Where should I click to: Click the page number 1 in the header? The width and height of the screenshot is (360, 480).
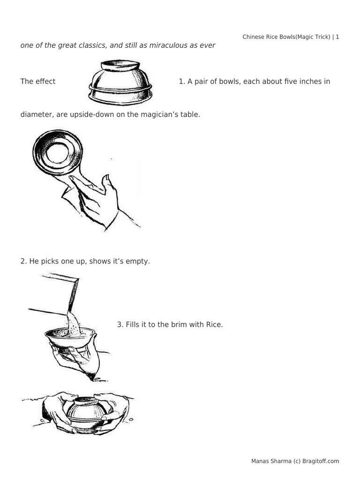pyautogui.click(x=337, y=37)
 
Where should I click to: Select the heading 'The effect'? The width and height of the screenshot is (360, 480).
pyautogui.click(x=37, y=82)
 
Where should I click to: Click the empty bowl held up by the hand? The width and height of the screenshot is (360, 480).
pyautogui.click(x=58, y=152)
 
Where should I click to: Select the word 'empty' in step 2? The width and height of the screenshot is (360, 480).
pyautogui.click(x=138, y=261)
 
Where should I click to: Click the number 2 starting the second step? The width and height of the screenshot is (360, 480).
pyautogui.click(x=23, y=261)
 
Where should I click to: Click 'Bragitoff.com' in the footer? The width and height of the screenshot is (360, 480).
pyautogui.click(x=321, y=461)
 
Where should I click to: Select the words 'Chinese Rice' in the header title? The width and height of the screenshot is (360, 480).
pyautogui.click(x=261, y=37)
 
